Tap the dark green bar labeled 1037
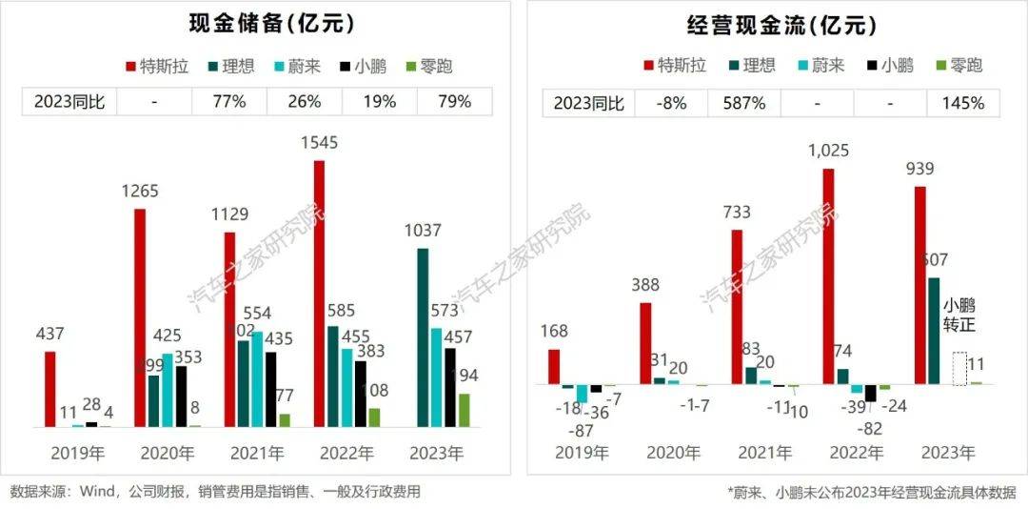(423, 337)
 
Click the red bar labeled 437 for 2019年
(50, 389)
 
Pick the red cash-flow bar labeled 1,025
(828, 276)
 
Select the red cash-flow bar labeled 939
(919, 285)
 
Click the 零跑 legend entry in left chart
(431, 66)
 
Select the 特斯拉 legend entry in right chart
(677, 66)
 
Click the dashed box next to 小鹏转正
(959, 369)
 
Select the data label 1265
(140, 192)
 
